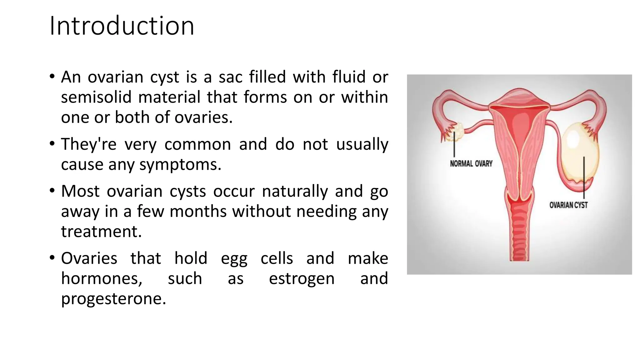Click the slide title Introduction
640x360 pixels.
122,26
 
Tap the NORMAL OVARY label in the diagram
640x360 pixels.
471,163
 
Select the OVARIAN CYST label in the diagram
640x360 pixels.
568,205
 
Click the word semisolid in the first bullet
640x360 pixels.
96,97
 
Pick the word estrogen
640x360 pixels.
301,278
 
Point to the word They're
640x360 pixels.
88,144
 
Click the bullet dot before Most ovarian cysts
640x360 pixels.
52,190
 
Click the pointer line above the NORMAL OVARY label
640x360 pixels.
454,149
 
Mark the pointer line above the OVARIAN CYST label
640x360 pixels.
584,175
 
